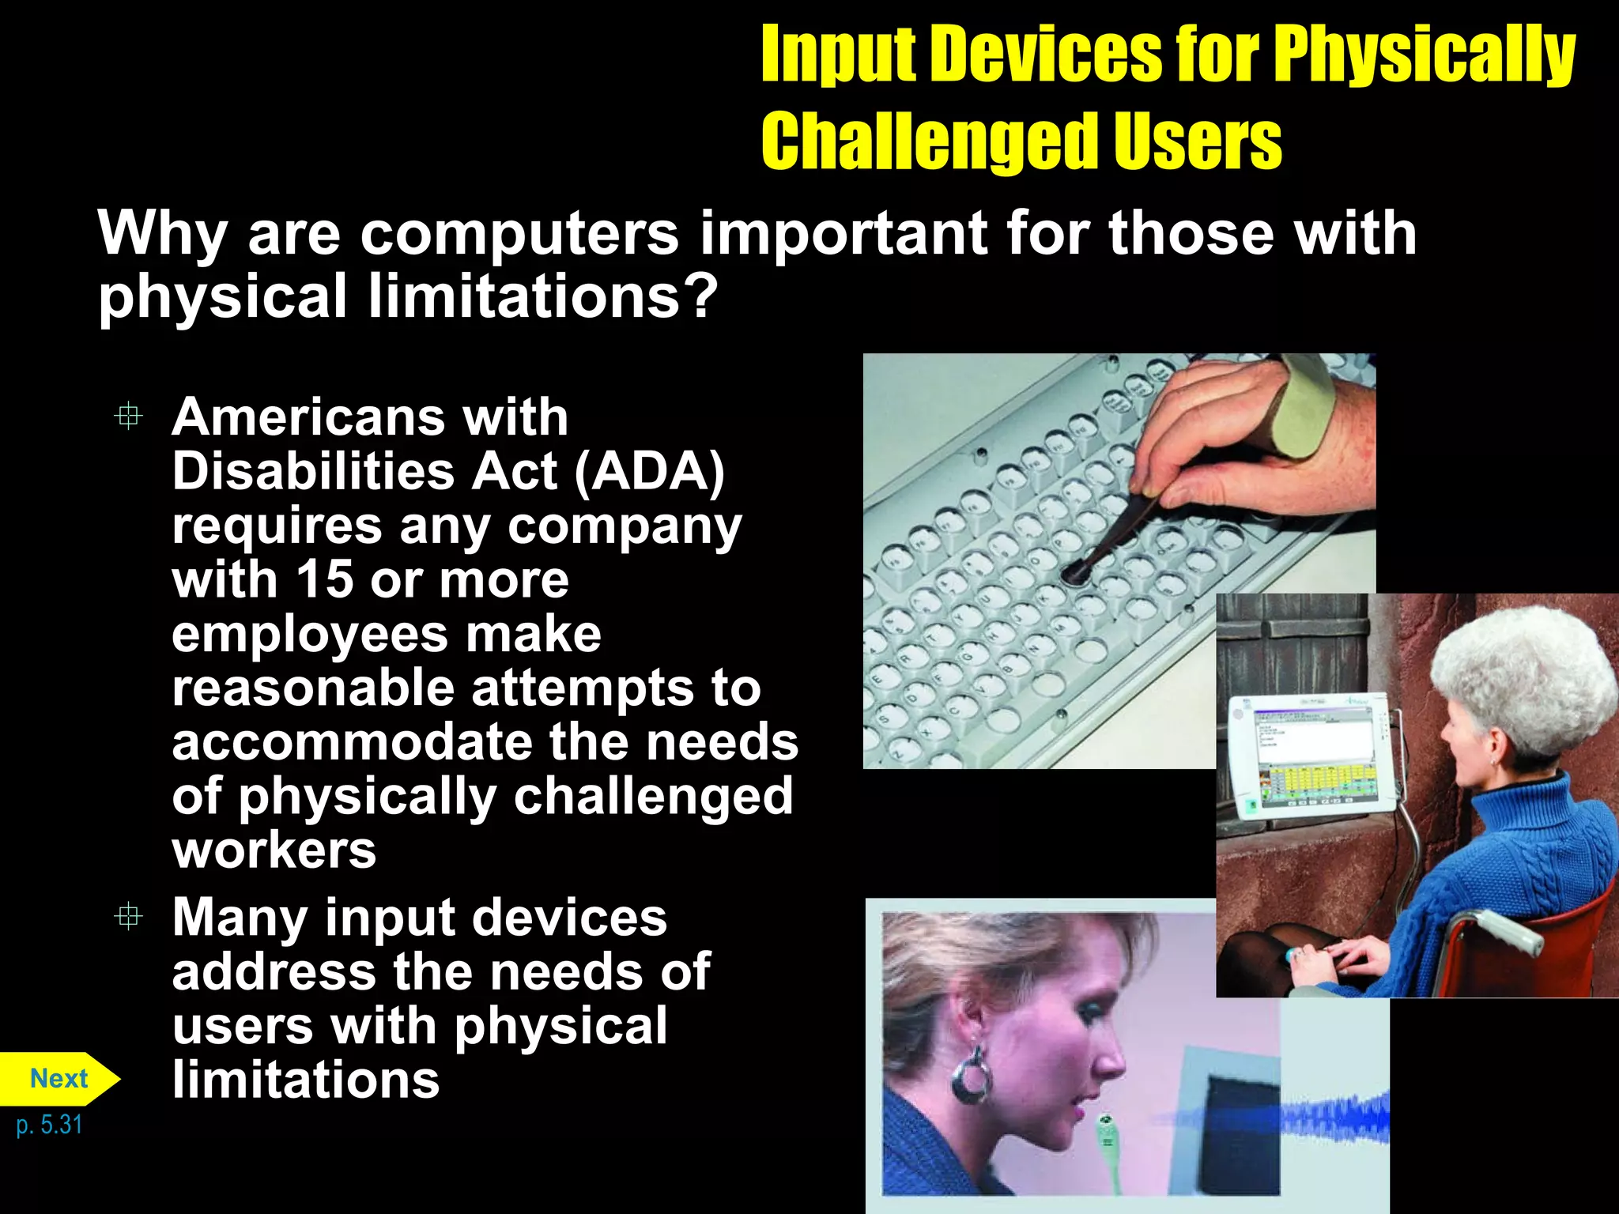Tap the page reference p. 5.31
[x=49, y=1125]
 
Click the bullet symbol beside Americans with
[x=128, y=417]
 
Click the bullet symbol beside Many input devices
[x=128, y=917]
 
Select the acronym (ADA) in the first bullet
[x=649, y=472]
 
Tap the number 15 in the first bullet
[x=324, y=579]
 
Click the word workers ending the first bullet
[x=274, y=850]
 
